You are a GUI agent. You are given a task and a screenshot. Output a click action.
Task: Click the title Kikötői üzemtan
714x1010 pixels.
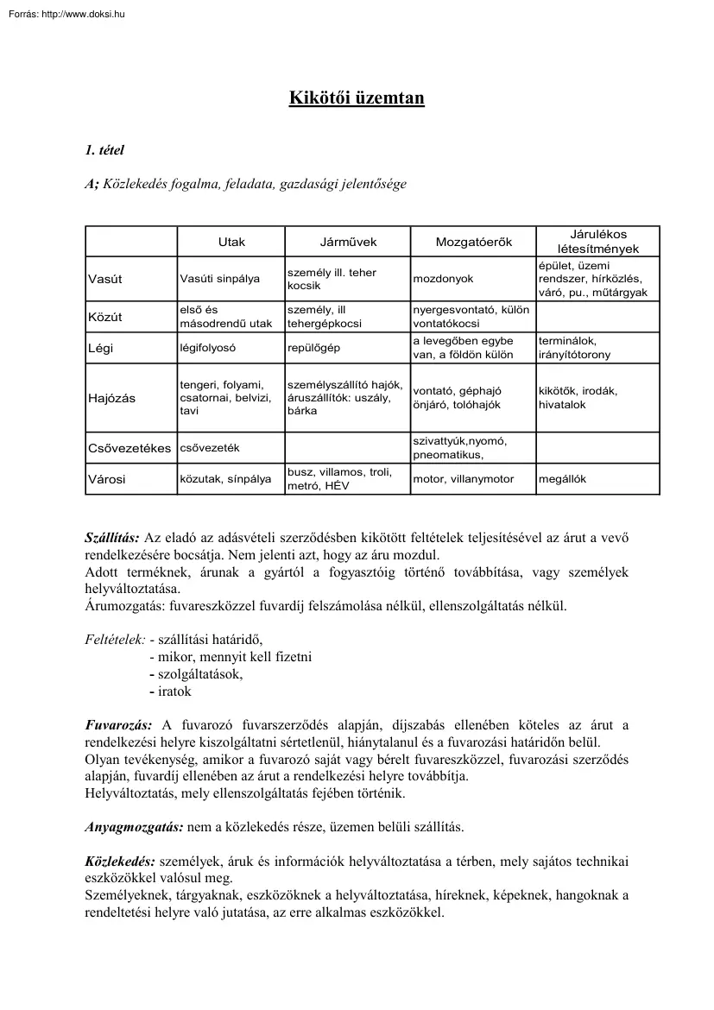coord(357,98)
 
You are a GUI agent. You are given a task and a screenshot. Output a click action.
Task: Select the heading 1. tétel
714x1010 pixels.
coord(104,150)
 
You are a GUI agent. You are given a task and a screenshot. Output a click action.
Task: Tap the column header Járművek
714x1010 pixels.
coord(348,242)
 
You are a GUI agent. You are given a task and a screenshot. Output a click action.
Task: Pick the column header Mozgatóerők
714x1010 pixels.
coord(473,242)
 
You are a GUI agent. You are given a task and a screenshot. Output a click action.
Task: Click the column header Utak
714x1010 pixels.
coord(231,242)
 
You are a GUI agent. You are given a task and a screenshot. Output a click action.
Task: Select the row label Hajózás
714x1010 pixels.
coord(111,398)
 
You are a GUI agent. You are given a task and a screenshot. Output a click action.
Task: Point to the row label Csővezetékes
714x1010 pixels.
coord(130,448)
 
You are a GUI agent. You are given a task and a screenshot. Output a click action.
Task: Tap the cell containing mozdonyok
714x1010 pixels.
coord(443,279)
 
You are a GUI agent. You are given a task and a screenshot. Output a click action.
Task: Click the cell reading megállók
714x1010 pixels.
coord(562,479)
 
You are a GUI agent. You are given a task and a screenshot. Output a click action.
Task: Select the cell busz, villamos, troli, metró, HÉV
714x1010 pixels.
coord(339,479)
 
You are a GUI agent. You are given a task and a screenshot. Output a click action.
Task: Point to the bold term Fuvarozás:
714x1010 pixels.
coord(118,725)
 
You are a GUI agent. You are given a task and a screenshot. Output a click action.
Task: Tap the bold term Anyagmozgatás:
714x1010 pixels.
coord(134,826)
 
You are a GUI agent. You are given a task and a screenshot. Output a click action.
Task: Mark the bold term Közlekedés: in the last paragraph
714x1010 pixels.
coord(120,862)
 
